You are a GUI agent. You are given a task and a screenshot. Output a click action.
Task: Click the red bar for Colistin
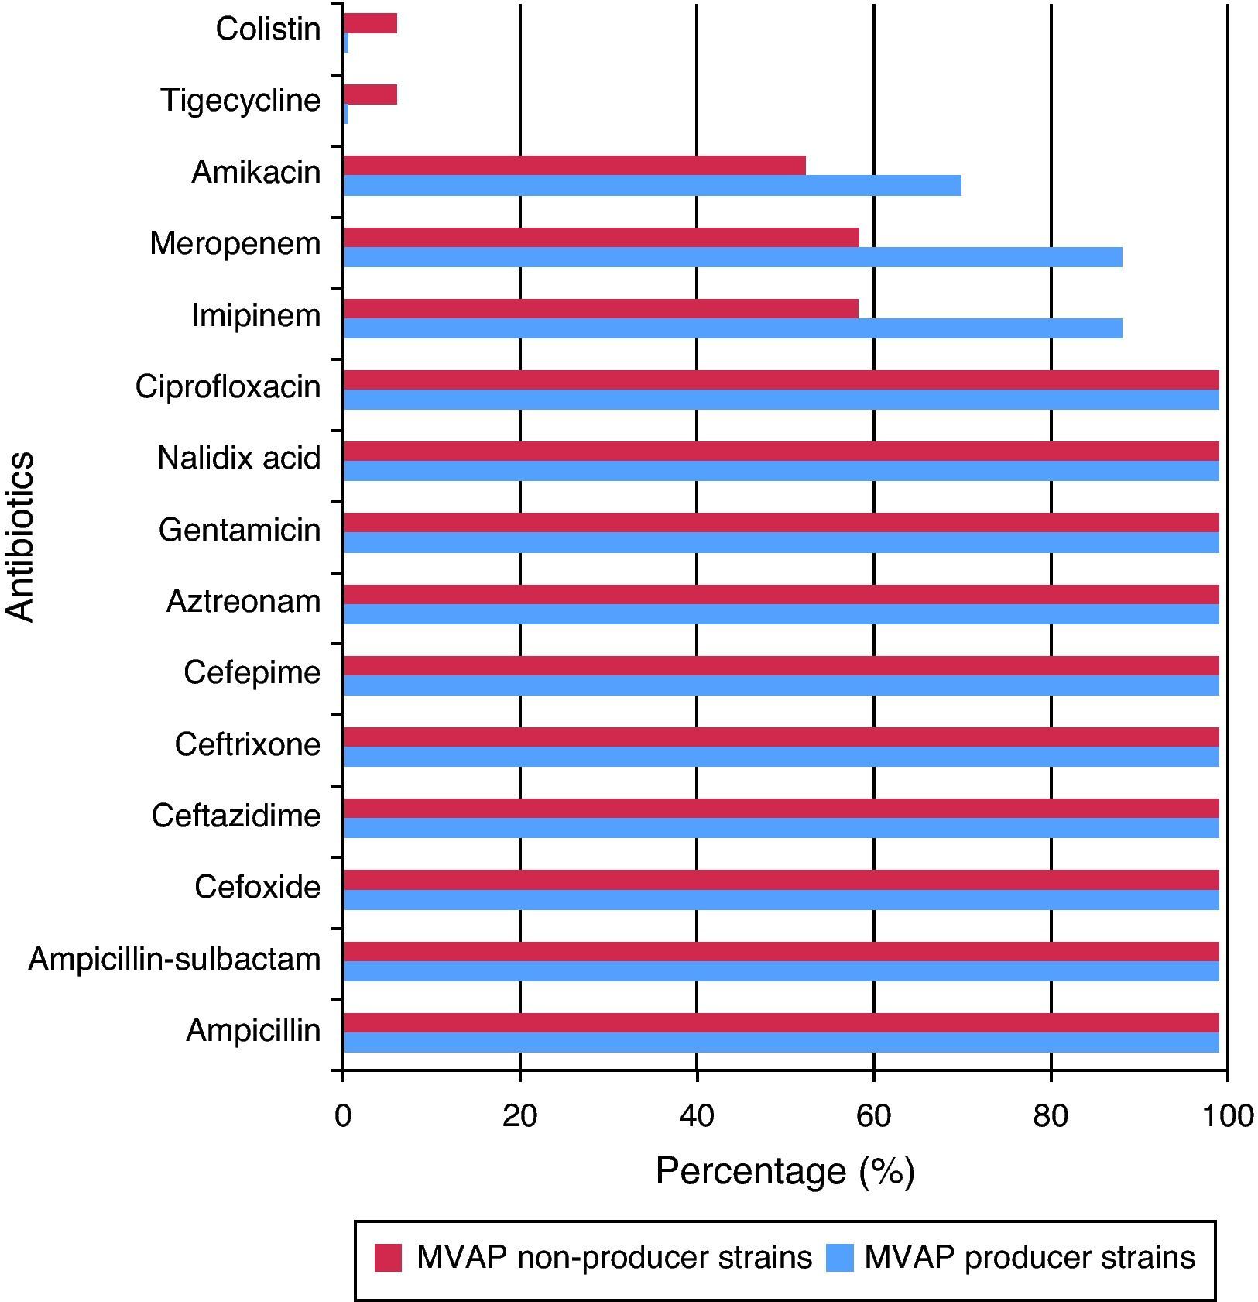tap(370, 24)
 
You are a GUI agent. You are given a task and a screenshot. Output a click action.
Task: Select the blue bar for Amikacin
tap(651, 186)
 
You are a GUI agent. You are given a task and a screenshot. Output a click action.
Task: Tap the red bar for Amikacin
tap(574, 166)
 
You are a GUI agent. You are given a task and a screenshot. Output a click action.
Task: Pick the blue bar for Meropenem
tap(732, 257)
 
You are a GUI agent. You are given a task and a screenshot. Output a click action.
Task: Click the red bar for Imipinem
tap(600, 309)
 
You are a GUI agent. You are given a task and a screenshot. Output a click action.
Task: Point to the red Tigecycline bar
tap(370, 94)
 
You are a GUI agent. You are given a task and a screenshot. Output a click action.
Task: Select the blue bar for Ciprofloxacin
tap(780, 400)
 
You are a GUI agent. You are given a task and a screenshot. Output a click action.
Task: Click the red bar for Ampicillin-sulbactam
tap(780, 951)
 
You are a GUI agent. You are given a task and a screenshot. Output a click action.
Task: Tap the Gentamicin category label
tap(239, 531)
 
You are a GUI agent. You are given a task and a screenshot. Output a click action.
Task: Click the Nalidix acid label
tap(238, 459)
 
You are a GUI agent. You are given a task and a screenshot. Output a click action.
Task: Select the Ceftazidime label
tap(236, 816)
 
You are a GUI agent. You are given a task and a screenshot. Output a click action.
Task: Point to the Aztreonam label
tap(243, 602)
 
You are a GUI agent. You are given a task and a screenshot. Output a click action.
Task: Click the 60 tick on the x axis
tap(873, 1116)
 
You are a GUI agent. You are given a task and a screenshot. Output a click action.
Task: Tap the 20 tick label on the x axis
tap(519, 1116)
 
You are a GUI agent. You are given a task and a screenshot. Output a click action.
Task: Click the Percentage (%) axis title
tap(785, 1171)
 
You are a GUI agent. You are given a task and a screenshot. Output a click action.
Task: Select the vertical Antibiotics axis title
tap(21, 537)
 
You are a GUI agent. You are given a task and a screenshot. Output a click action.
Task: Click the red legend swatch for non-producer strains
tap(388, 1258)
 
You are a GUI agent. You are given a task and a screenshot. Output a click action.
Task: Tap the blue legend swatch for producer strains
tap(840, 1258)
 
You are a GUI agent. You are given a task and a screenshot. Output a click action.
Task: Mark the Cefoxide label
tap(257, 888)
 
